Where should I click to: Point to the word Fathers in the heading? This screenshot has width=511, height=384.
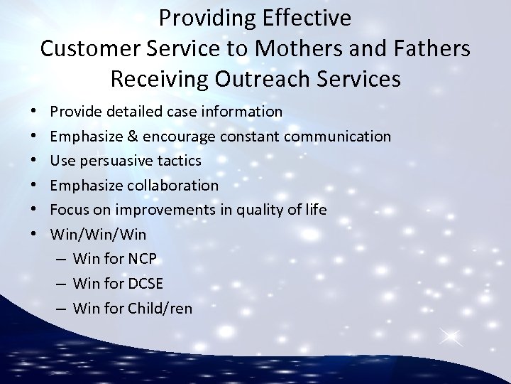(433, 48)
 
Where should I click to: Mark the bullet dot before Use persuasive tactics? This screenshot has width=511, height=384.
(34, 161)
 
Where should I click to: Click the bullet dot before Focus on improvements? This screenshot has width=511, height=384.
(34, 210)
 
